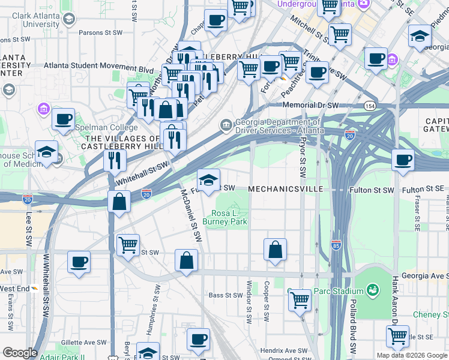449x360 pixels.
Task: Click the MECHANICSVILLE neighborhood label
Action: click(285, 189)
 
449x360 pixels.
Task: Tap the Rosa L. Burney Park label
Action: click(229, 218)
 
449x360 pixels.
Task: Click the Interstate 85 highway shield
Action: click(336, 245)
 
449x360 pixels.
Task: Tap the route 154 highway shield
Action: click(367, 106)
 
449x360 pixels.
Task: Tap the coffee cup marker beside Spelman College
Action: click(63, 118)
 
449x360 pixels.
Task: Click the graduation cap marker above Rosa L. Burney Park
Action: click(208, 179)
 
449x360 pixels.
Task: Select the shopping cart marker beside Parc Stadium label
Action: click(300, 299)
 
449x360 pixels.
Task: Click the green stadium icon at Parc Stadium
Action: click(372, 290)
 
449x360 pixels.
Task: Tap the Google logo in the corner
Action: click(20, 353)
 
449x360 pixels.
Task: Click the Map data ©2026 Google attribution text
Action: click(412, 355)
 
